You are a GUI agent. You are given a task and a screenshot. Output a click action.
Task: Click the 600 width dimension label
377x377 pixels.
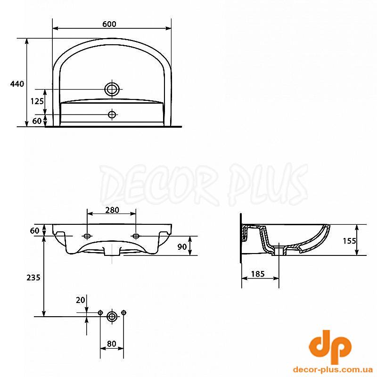click(x=109, y=24)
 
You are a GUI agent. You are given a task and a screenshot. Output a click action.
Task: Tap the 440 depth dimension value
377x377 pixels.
click(x=17, y=84)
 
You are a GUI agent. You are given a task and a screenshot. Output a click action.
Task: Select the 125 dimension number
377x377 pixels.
click(x=37, y=101)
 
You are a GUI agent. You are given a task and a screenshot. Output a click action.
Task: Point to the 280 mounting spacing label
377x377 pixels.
click(x=112, y=210)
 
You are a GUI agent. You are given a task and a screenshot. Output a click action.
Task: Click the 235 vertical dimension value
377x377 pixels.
click(x=33, y=278)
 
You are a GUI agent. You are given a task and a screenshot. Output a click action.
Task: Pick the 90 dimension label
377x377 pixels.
click(x=182, y=246)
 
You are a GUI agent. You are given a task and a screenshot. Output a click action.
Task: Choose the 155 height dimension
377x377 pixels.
click(x=349, y=241)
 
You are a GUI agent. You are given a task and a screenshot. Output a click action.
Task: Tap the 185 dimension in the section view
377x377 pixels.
click(x=258, y=274)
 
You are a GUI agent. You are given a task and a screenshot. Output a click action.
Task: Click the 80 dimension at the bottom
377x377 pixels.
click(x=112, y=344)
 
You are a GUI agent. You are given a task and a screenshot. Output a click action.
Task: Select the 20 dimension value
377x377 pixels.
click(x=81, y=300)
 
